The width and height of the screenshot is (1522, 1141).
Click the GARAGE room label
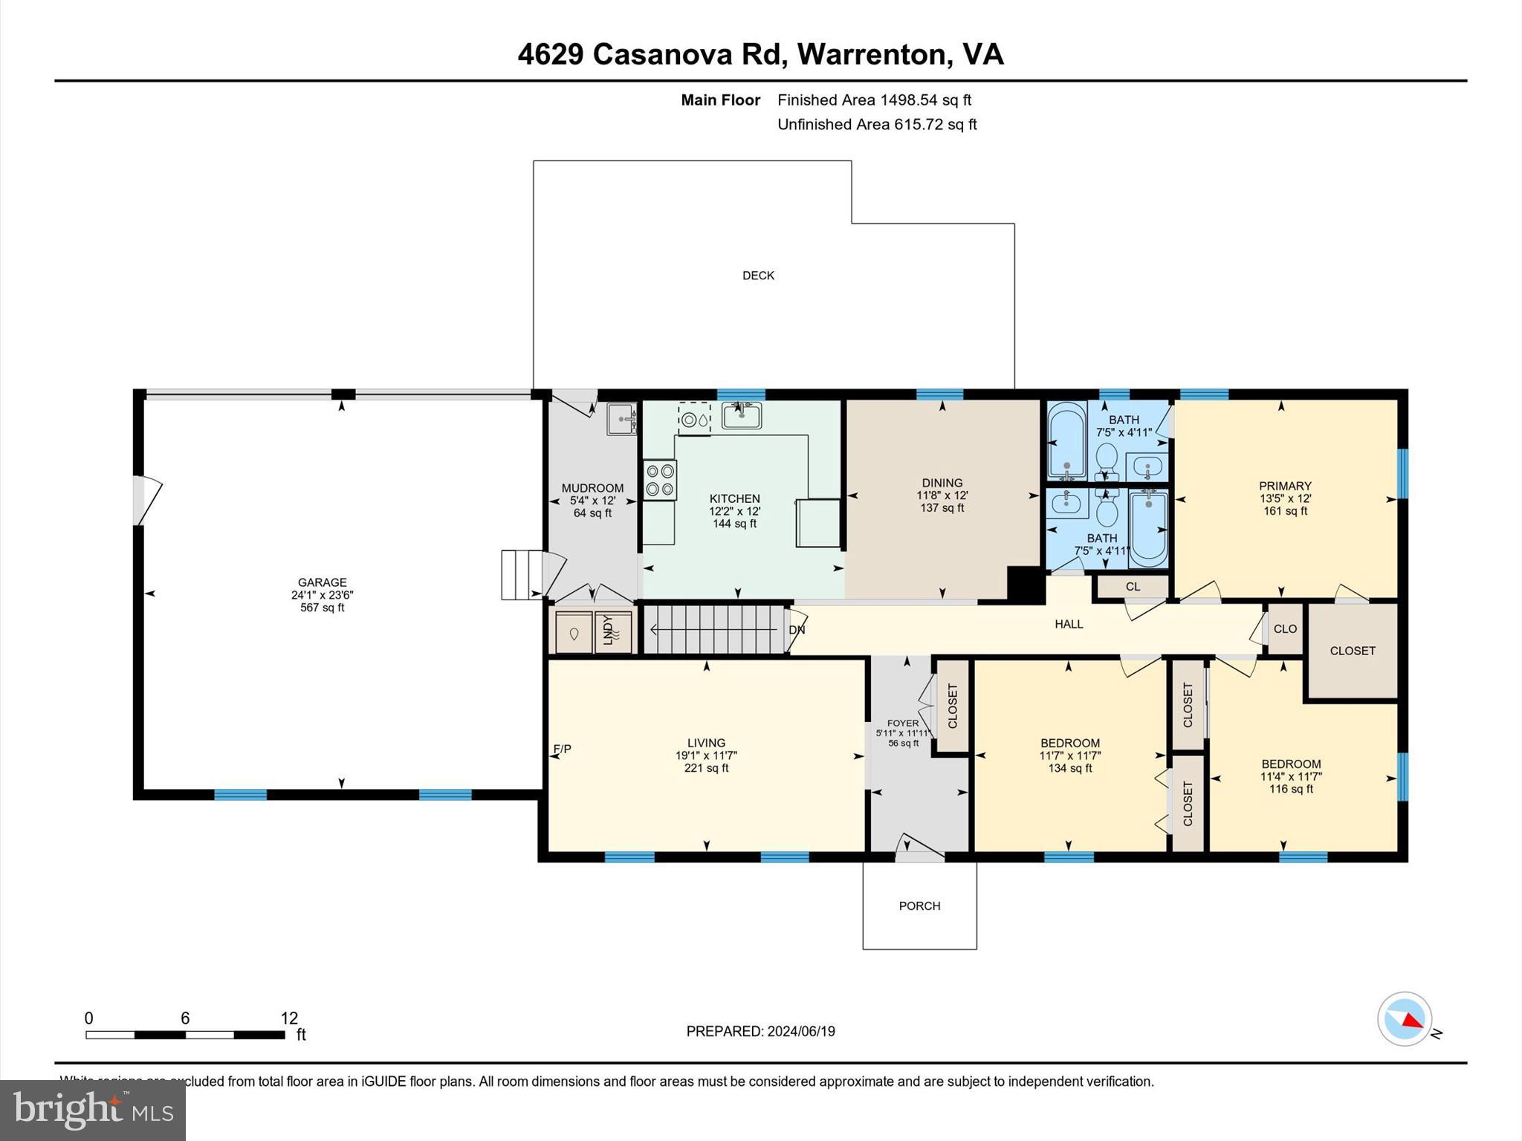[322, 583]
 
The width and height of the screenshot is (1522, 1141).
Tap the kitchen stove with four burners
[660, 480]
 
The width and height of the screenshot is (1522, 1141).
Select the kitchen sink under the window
[741, 416]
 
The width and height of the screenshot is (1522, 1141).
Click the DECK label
[758, 276]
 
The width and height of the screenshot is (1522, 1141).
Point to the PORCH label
[919, 906]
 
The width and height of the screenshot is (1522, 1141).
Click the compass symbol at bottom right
[1404, 1019]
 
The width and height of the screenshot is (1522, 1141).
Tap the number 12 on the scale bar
[289, 1018]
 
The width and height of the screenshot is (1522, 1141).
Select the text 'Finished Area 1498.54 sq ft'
[874, 100]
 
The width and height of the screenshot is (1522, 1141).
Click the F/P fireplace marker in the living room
[563, 749]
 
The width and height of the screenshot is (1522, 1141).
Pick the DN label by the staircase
[797, 630]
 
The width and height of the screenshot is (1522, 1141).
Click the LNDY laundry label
[608, 630]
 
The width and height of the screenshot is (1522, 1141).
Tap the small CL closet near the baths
[1133, 587]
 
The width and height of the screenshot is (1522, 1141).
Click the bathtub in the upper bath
[1066, 439]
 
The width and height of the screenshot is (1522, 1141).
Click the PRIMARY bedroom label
[1284, 486]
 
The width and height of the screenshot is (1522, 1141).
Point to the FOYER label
[903, 723]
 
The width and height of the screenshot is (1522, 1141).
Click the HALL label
[1069, 624]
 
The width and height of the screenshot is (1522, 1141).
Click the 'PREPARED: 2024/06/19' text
[760, 1031]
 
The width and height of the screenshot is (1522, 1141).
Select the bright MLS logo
[93, 1110]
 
